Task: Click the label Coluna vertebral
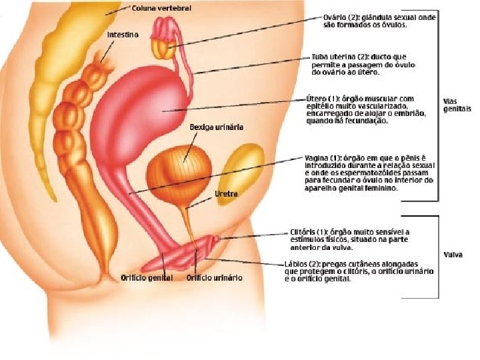(161, 8)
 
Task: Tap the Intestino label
(123, 35)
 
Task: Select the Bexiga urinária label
(216, 127)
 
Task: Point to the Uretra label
(225, 194)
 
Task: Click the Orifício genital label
(147, 277)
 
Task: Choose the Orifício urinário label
(215, 277)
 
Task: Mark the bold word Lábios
(297, 263)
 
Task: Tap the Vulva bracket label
(453, 255)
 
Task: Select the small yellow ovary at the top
(162, 47)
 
